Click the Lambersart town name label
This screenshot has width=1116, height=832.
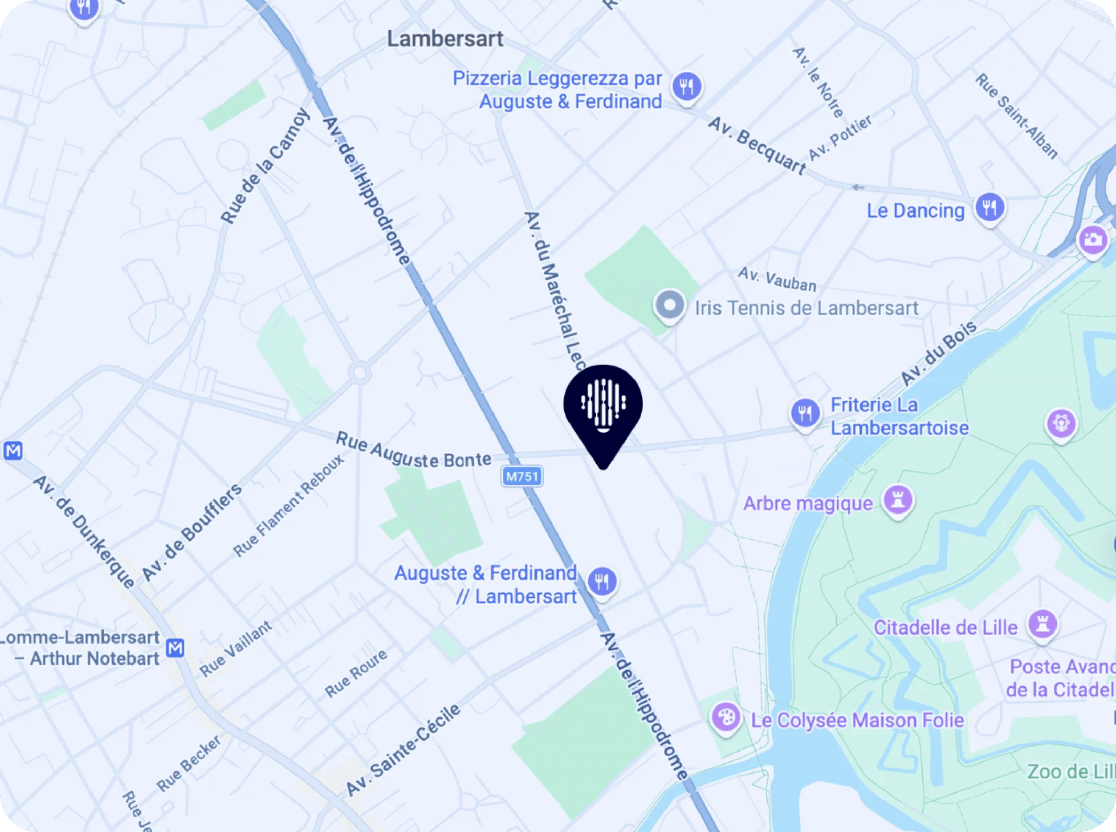[x=445, y=39]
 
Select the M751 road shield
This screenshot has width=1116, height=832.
[x=522, y=476]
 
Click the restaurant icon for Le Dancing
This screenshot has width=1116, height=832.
[x=989, y=208]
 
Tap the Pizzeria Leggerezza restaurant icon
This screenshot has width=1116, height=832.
[x=687, y=87]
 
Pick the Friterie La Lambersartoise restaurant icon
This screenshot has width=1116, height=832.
[x=805, y=413]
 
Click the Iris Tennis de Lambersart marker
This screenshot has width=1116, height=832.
[x=670, y=306]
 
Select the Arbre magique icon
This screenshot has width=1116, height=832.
[x=898, y=501]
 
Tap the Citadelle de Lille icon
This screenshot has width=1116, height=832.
[x=1042, y=625]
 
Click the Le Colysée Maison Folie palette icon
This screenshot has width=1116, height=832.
[x=726, y=718]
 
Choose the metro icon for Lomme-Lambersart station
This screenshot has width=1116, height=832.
[x=175, y=648]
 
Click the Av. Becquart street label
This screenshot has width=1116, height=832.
[x=757, y=146]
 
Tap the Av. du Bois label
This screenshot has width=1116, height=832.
[x=938, y=353]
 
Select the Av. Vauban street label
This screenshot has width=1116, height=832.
[x=777, y=279]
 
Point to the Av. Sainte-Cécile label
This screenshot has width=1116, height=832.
[x=403, y=749]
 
